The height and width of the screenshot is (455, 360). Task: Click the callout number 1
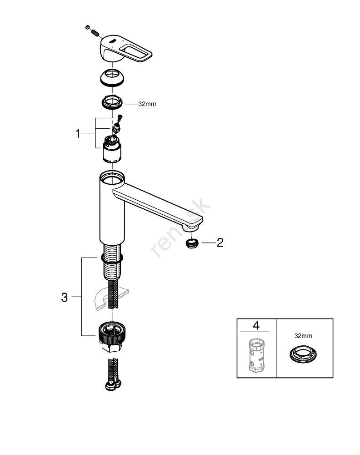(x=78, y=134)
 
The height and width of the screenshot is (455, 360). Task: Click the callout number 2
(x=220, y=243)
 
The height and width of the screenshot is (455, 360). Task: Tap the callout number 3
(x=65, y=298)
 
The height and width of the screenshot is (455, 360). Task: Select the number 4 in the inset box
(x=256, y=326)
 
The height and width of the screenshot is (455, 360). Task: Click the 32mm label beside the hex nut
(x=147, y=104)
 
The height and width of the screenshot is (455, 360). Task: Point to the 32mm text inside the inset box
(x=303, y=336)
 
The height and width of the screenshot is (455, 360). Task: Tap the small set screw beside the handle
(x=92, y=31)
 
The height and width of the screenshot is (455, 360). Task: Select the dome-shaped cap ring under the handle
(x=112, y=78)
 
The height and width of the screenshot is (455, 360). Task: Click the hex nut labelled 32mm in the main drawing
(x=112, y=102)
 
